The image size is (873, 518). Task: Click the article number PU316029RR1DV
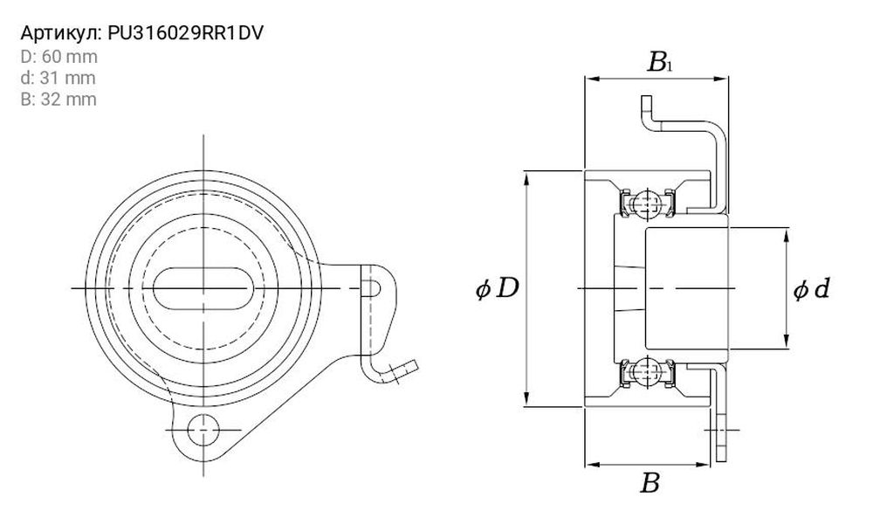click(x=185, y=33)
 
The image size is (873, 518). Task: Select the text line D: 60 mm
click(x=59, y=57)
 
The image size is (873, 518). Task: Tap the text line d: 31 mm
click(x=58, y=78)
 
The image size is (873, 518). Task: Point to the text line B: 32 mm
click(x=58, y=99)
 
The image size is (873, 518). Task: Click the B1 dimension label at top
click(x=660, y=62)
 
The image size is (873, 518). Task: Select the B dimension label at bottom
click(x=650, y=483)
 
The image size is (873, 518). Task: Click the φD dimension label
click(x=498, y=288)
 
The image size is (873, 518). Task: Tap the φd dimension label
click(x=812, y=289)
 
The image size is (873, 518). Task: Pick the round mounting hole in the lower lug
click(x=203, y=430)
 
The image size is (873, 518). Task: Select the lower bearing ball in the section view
click(x=646, y=370)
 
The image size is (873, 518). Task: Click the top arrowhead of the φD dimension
click(x=526, y=179)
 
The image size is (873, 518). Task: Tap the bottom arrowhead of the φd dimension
click(x=787, y=341)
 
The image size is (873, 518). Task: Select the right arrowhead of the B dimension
click(x=703, y=464)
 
